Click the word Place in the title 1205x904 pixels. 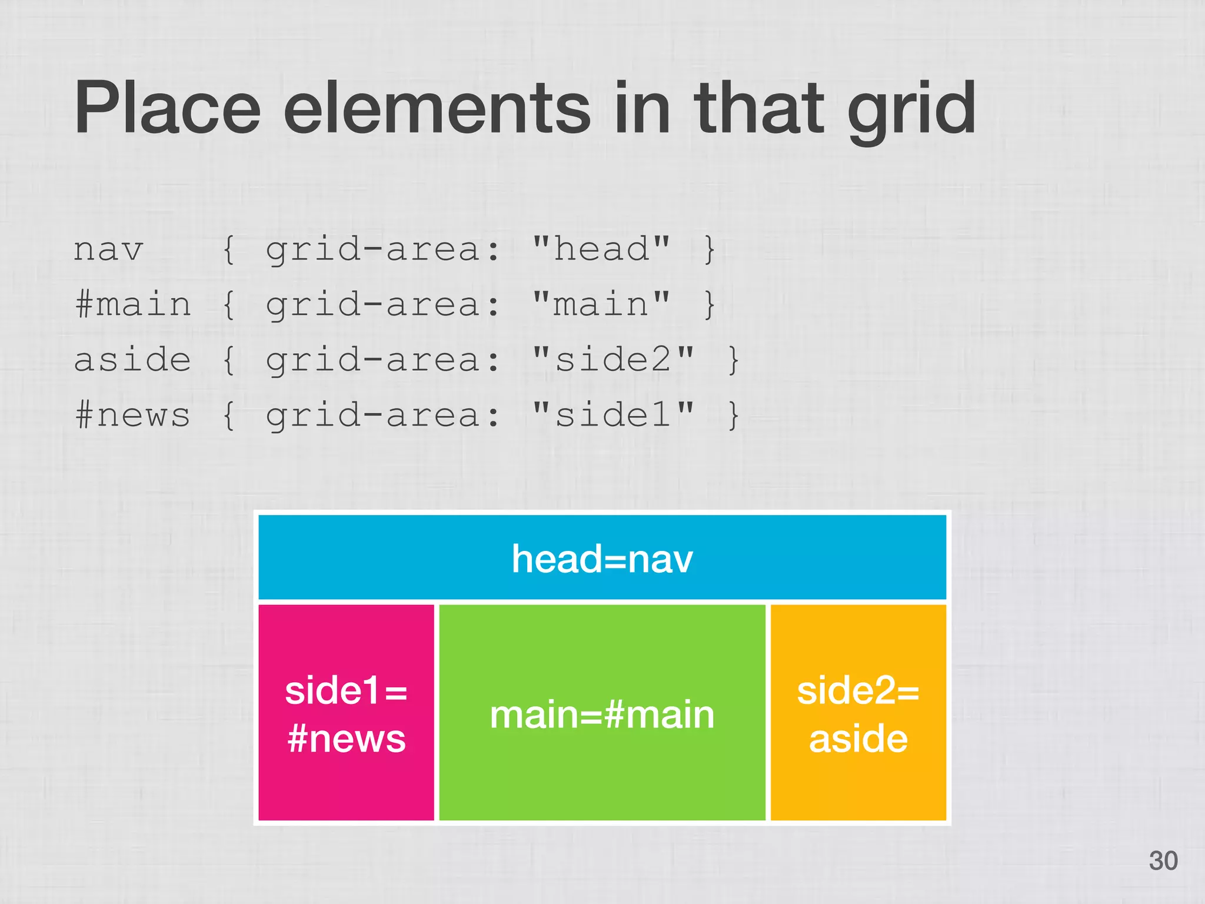(x=167, y=109)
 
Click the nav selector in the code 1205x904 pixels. (x=108, y=250)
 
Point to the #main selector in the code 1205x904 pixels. (x=133, y=305)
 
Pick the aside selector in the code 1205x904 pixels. (x=132, y=360)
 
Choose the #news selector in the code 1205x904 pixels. (x=133, y=415)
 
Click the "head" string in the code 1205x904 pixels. (x=601, y=249)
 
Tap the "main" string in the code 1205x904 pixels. (x=601, y=304)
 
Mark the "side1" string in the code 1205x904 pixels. (x=613, y=414)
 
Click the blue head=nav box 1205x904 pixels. (x=602, y=557)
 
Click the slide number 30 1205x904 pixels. (x=1163, y=860)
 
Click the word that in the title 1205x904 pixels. (x=759, y=109)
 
